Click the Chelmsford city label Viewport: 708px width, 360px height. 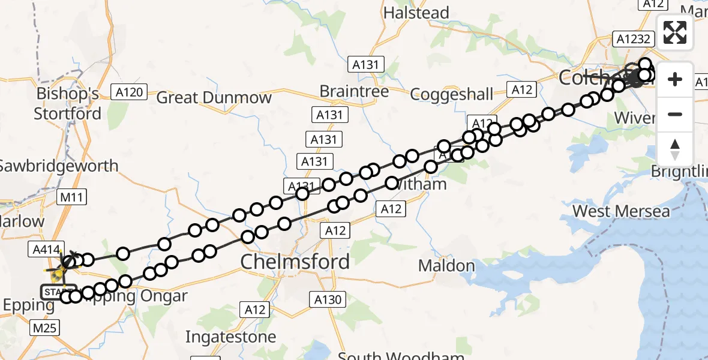(295, 262)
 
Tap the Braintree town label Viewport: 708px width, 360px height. (354, 91)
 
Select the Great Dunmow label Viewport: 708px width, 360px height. (214, 98)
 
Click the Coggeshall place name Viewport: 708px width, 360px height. (452, 94)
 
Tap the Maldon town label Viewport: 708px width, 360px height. (446, 265)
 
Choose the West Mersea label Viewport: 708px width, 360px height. (621, 211)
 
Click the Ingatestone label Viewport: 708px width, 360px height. (231, 337)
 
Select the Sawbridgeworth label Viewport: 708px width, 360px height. (59, 166)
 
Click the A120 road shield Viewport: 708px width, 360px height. (129, 92)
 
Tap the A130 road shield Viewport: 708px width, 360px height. (326, 299)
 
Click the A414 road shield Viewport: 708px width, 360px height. (44, 249)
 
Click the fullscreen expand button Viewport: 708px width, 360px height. (675, 32)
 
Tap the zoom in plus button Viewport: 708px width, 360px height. (675, 79)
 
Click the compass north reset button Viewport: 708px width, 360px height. (675, 149)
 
